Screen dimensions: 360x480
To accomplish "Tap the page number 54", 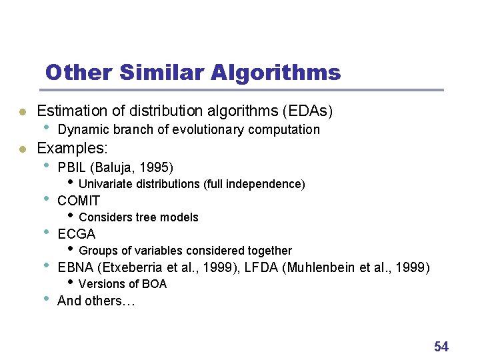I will pos(441,347).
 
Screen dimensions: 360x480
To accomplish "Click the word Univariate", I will pos(106,184).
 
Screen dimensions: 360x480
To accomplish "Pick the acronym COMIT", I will pos(79,201).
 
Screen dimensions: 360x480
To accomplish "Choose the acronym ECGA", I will pos(77,234).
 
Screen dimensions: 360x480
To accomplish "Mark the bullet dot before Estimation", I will pos(22,112).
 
